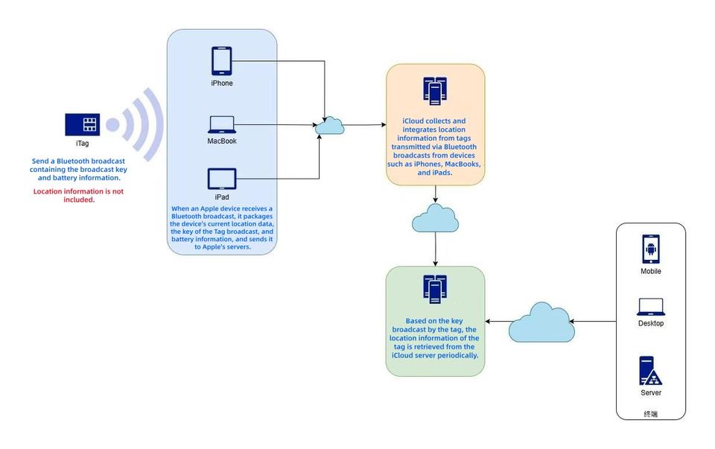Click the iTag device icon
[82, 124]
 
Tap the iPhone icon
[222, 61]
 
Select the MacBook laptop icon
[222, 124]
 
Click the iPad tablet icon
[222, 179]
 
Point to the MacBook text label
[222, 141]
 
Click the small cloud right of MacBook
[329, 126]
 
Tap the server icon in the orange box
[435, 91]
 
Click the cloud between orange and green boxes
[436, 218]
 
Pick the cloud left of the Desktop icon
[541, 322]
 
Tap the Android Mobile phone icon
[651, 249]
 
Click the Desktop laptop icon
[651, 307]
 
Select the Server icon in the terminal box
[651, 370]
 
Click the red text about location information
[78, 196]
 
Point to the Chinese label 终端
[651, 414]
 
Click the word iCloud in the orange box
[414, 121]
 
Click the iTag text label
[82, 142]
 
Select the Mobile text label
[651, 271]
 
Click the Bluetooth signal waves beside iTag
[142, 124]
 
